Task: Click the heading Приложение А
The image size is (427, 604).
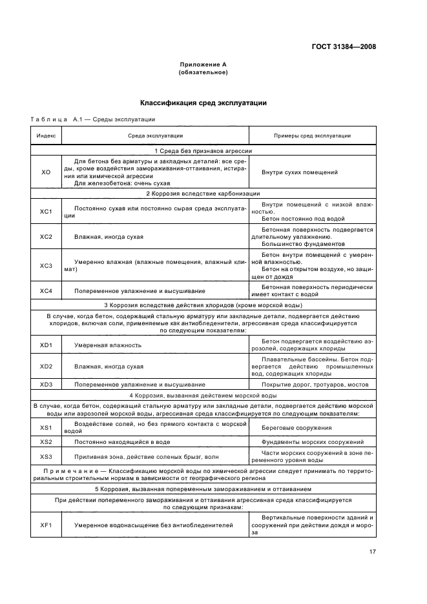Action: (203, 65)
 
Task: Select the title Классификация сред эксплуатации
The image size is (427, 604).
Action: (203, 103)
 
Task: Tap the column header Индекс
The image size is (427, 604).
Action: (46, 136)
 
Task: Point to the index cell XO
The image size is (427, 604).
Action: (46, 172)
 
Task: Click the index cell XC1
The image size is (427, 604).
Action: (46, 211)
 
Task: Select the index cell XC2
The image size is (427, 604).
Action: (46, 237)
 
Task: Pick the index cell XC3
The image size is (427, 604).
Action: (46, 265)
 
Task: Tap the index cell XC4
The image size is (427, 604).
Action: (46, 290)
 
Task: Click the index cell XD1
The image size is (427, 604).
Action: (46, 345)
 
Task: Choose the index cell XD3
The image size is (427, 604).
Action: (46, 384)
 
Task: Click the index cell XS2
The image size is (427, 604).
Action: (46, 442)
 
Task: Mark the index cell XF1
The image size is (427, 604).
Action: (46, 525)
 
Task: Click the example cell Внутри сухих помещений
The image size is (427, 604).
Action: (300, 172)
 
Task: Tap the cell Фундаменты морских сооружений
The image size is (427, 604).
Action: (312, 442)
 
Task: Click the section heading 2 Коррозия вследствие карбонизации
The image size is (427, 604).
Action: (203, 193)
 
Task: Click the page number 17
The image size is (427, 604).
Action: (373, 552)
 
